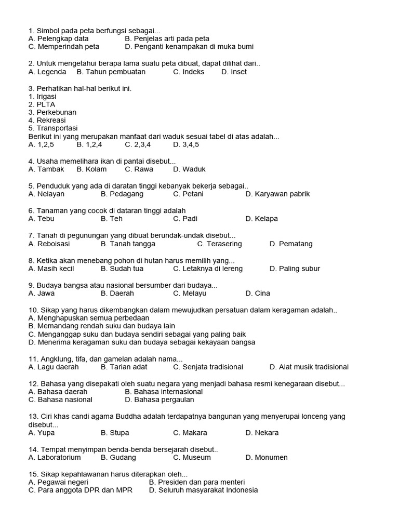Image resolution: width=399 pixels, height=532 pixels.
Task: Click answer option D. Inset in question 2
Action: tap(234, 72)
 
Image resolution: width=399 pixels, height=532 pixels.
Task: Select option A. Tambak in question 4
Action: tap(47, 169)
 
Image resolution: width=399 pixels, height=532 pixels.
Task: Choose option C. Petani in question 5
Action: tap(188, 194)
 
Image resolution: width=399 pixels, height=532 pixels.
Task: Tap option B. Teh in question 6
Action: tap(112, 219)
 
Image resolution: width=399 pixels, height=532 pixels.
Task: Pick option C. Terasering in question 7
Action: tap(219, 244)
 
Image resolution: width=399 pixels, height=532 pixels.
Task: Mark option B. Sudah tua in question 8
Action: tap(122, 269)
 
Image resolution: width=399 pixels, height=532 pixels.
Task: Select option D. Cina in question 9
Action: tap(258, 293)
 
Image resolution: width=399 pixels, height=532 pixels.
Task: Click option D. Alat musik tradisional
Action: tap(309, 367)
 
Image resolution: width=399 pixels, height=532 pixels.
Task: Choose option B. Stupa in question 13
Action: tap(115, 432)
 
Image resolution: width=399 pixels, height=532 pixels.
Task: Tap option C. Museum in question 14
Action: tap(192, 457)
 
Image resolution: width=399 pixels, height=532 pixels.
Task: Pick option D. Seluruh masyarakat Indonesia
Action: tap(203, 490)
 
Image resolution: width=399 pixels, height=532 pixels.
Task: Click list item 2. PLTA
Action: tap(42, 104)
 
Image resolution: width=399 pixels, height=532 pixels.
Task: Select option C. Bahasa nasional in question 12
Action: tap(61, 400)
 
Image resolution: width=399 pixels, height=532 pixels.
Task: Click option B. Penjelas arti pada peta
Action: tap(167, 38)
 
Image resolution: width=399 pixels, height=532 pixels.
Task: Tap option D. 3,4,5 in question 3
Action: tap(186, 144)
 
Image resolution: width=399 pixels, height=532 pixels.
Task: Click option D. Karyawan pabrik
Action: tap(277, 194)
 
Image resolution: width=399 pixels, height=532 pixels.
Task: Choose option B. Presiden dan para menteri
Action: tap(197, 482)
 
